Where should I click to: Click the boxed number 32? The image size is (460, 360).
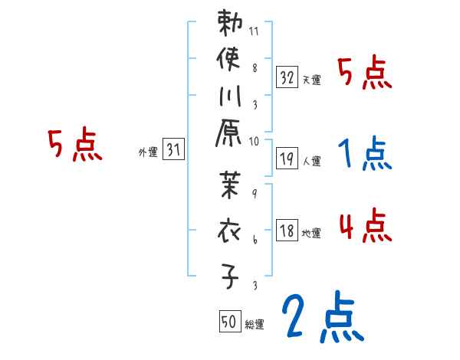click(287, 77)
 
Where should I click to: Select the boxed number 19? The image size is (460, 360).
click(287, 159)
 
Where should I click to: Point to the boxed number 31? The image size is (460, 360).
click(173, 151)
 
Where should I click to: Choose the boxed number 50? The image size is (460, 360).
click(228, 322)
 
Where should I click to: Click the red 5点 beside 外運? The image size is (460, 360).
click(74, 145)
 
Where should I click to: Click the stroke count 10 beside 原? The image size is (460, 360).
click(254, 141)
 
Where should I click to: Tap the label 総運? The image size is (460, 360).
click(255, 325)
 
